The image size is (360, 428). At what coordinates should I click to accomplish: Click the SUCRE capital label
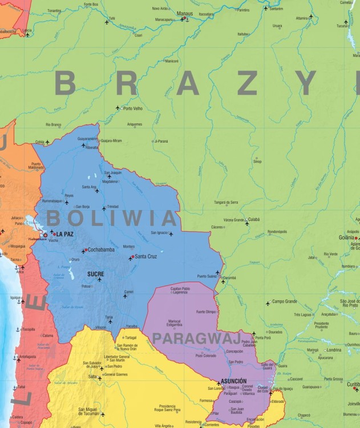[95, 274]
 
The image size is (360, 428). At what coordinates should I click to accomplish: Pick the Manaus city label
[185, 13]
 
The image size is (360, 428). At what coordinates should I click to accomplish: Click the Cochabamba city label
[101, 249]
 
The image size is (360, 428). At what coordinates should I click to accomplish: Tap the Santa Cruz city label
[146, 256]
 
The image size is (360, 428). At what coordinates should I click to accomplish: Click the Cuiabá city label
[254, 219]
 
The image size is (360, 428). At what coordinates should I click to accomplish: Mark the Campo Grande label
[285, 301]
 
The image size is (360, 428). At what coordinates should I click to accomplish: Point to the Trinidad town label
[113, 206]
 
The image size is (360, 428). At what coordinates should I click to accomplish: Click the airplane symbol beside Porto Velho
[118, 108]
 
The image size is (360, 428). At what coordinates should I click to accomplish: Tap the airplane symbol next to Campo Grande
[268, 303]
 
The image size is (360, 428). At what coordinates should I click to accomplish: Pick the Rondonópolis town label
[278, 232]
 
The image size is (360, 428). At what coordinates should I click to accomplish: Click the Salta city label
[92, 377]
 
